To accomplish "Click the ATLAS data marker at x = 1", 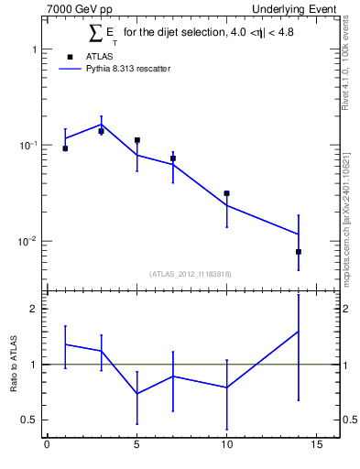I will (x=65, y=148).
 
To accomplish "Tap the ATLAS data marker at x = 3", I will (x=101, y=131).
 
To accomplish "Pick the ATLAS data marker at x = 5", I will (x=136, y=140).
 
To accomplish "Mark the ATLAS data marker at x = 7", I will (x=172, y=158).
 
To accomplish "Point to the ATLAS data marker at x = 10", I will (x=226, y=193).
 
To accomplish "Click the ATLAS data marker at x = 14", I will (x=298, y=251).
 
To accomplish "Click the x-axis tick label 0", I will (x=47, y=447).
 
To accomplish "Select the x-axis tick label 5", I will (x=136, y=447).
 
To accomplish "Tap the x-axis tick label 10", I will (x=226, y=447).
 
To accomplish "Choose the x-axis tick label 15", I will (x=316, y=447).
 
